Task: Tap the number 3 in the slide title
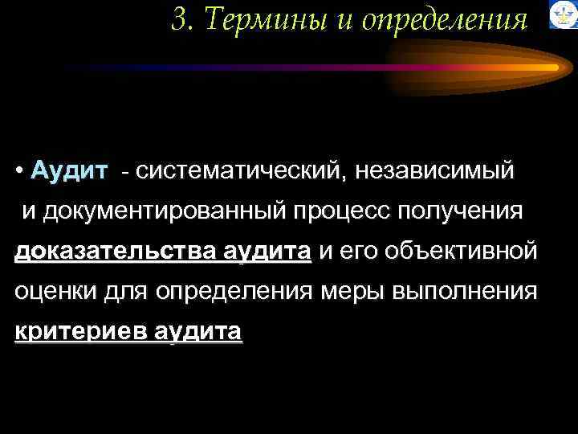click(x=179, y=20)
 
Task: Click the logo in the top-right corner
click(x=563, y=15)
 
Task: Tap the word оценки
click(x=55, y=291)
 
